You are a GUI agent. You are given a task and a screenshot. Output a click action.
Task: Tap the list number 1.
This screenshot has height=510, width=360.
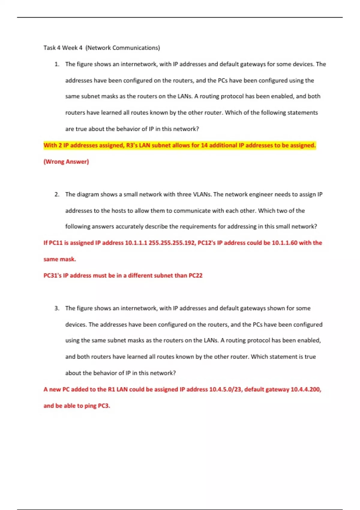click(x=57, y=64)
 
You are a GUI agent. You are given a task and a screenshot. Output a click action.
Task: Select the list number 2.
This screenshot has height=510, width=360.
click(x=57, y=194)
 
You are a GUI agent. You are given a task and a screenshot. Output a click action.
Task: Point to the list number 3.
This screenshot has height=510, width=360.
click(x=57, y=308)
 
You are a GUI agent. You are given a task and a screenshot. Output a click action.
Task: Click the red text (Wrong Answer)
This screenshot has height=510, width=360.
click(x=66, y=162)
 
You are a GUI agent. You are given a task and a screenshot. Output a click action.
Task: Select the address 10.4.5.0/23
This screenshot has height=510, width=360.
click(x=226, y=389)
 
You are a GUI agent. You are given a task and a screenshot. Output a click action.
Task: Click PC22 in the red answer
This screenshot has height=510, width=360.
click(x=196, y=276)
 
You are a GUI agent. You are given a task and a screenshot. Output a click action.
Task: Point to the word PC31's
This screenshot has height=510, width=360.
click(x=52, y=276)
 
